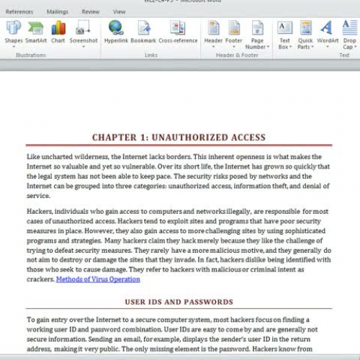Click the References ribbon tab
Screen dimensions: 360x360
pos(19,12)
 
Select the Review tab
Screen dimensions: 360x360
pos(90,12)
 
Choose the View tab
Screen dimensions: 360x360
pos(119,12)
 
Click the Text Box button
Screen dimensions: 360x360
pos(285,34)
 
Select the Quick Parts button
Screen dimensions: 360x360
pos(305,34)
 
